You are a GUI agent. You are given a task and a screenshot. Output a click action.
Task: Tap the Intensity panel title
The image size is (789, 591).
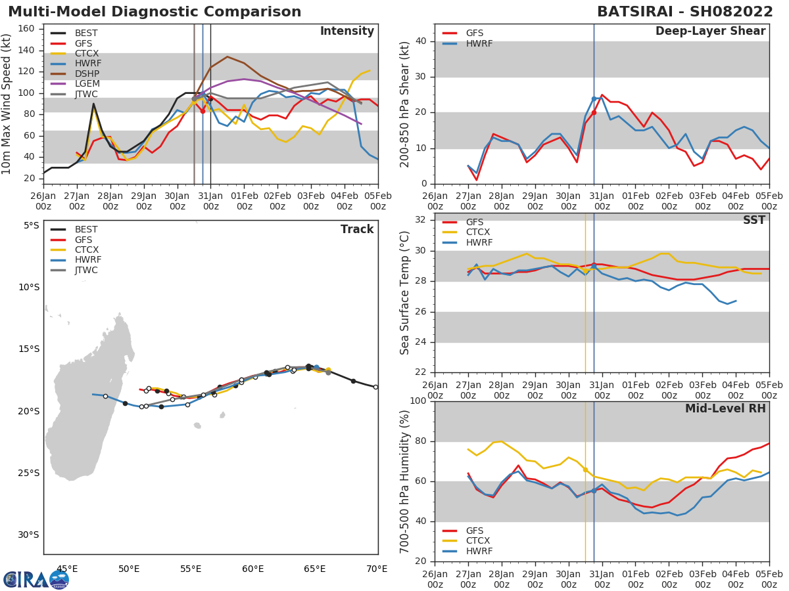coord(347,32)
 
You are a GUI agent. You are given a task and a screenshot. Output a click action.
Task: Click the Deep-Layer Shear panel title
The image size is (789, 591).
coord(710,32)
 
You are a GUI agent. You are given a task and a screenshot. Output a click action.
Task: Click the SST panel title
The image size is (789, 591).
coord(753,221)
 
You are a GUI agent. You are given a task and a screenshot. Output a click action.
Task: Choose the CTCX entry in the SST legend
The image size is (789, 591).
coord(479,232)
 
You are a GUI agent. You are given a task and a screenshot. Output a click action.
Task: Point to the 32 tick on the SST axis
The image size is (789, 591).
coord(421,220)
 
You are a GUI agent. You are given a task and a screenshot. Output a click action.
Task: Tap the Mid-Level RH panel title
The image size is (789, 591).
coord(725,408)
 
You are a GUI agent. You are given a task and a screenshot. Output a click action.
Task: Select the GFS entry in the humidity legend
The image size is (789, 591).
coord(479,531)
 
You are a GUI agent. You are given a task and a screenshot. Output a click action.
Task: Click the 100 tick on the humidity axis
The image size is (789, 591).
coord(418,401)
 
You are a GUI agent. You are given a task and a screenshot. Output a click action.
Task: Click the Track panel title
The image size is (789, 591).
coord(356,230)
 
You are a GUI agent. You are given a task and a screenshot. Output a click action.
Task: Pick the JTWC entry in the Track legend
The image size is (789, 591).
coord(87,271)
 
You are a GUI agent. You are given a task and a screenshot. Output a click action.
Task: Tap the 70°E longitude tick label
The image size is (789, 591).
coord(377,569)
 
